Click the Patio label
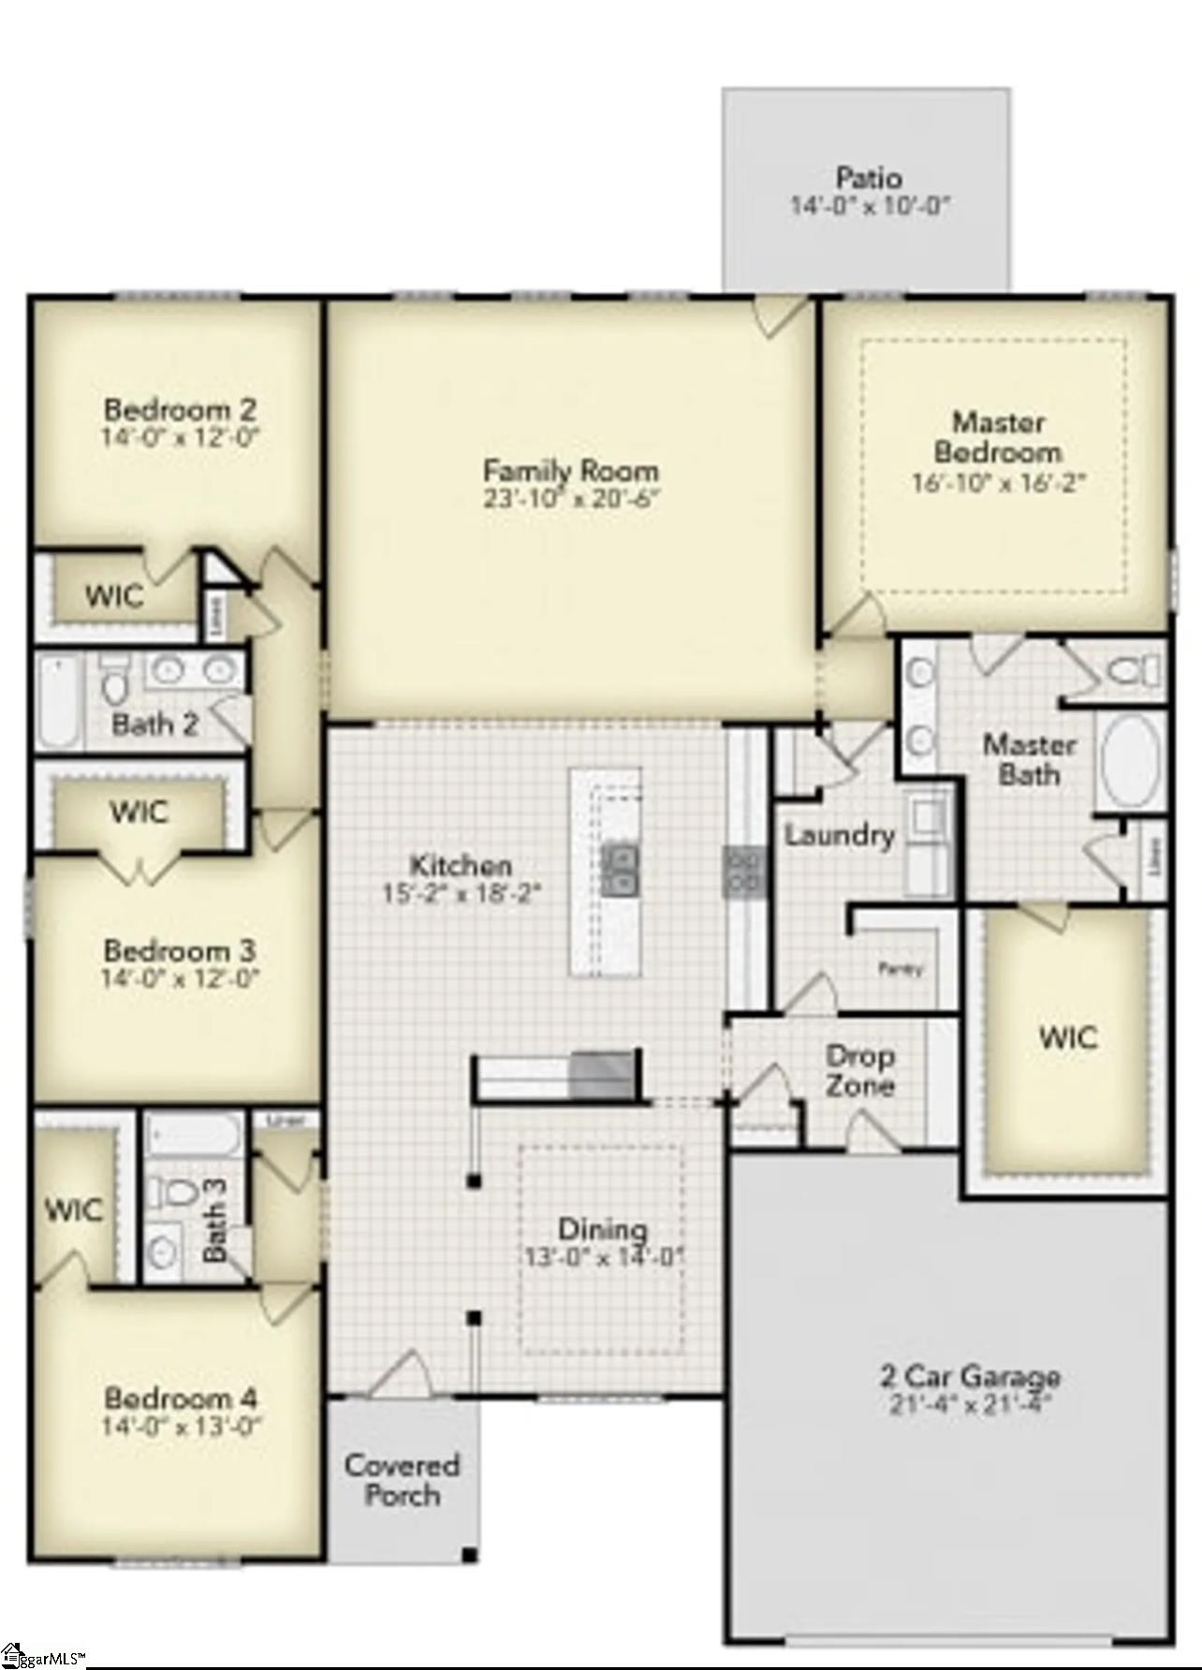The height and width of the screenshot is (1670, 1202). [868, 177]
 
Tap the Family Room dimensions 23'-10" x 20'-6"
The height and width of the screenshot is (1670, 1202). [571, 498]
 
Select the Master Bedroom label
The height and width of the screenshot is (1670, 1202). [998, 437]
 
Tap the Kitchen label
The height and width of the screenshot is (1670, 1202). [462, 865]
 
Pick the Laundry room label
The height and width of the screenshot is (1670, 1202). [839, 835]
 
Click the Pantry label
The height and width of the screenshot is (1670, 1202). [901, 969]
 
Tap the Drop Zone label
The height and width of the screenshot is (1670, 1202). [859, 1071]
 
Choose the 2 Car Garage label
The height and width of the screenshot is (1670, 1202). [969, 1376]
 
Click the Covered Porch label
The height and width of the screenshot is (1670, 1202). [403, 1479]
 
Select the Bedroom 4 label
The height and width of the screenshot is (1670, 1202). [181, 1399]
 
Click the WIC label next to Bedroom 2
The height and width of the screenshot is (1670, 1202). [114, 595]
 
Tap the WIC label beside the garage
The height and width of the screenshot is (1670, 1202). [1068, 1037]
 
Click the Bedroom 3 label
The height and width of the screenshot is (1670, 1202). [180, 951]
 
